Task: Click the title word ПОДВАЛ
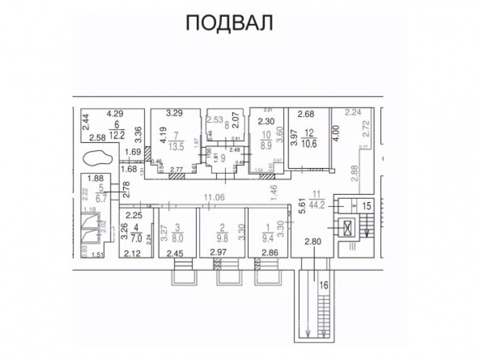(x=229, y=23)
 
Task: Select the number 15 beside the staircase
(x=367, y=206)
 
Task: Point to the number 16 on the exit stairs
(x=324, y=285)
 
